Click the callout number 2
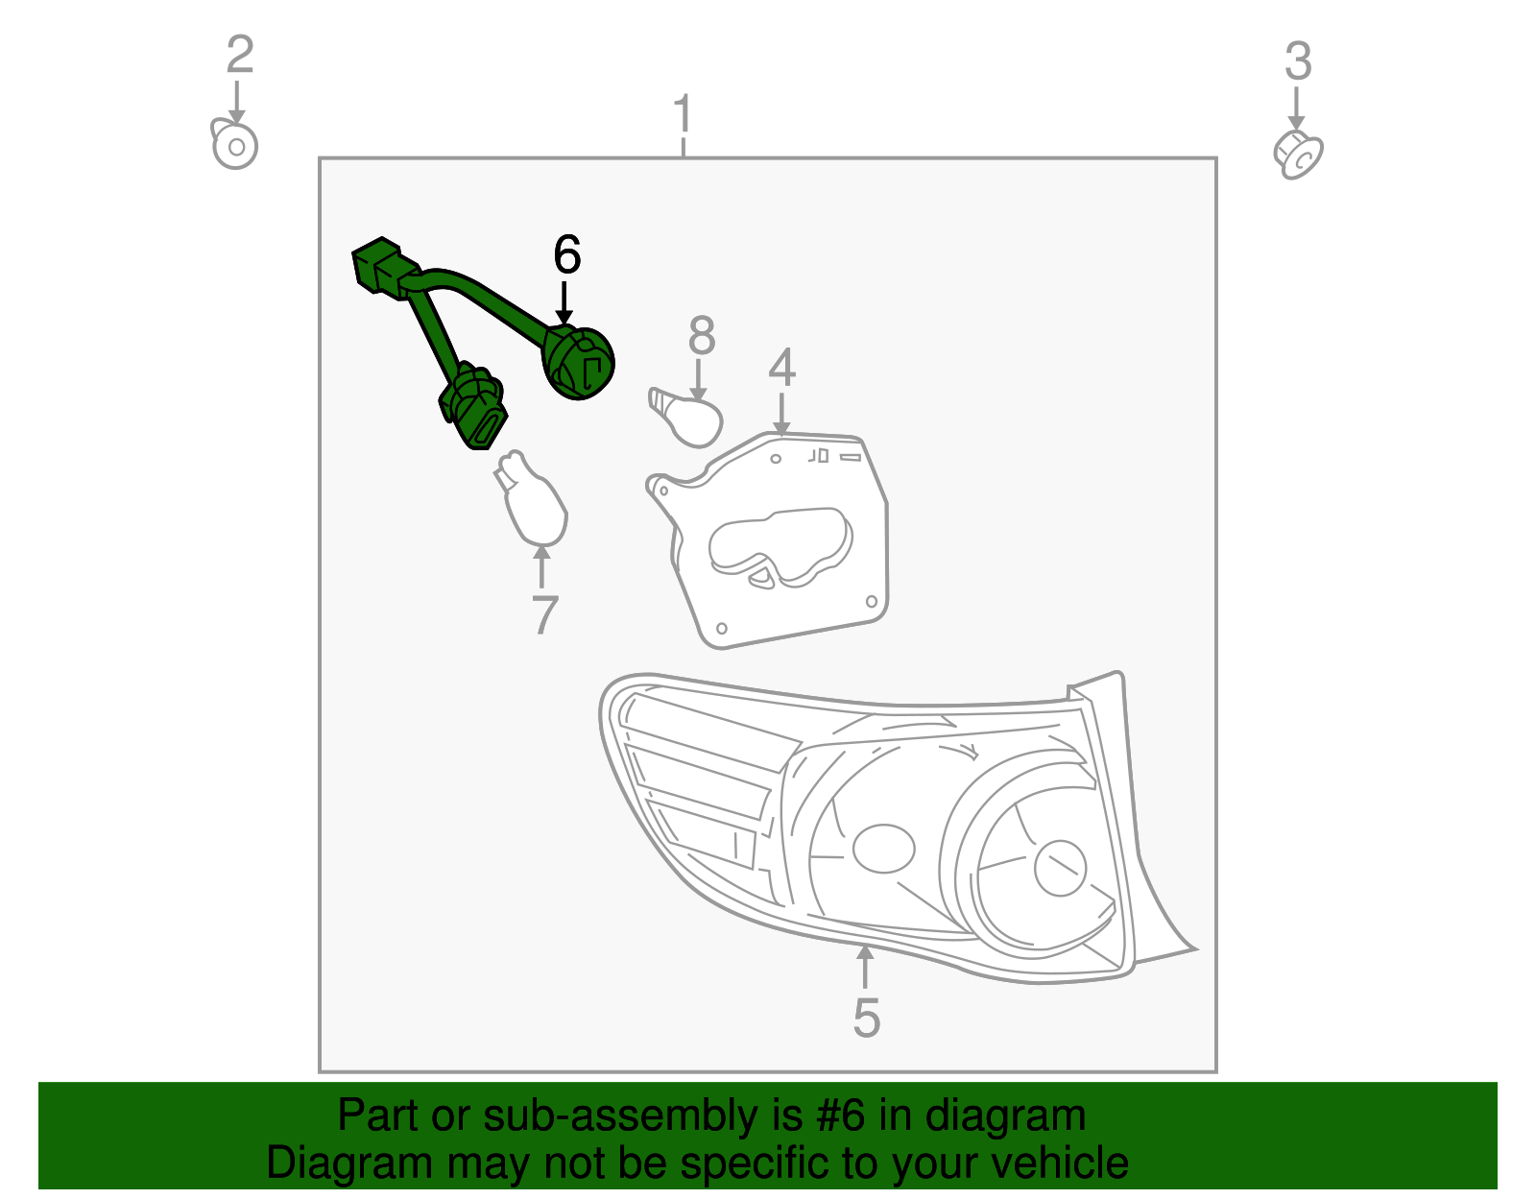(x=239, y=56)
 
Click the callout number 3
(x=1298, y=62)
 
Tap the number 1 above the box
(x=683, y=115)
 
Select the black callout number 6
(x=567, y=255)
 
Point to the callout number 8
(x=702, y=337)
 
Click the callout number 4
(x=781, y=368)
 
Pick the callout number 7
(x=544, y=615)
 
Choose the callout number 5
(x=866, y=1019)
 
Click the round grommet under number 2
(x=234, y=147)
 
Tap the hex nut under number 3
(x=1298, y=155)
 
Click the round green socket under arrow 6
(x=579, y=363)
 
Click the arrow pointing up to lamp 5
(x=865, y=966)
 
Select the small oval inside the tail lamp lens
(x=882, y=849)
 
